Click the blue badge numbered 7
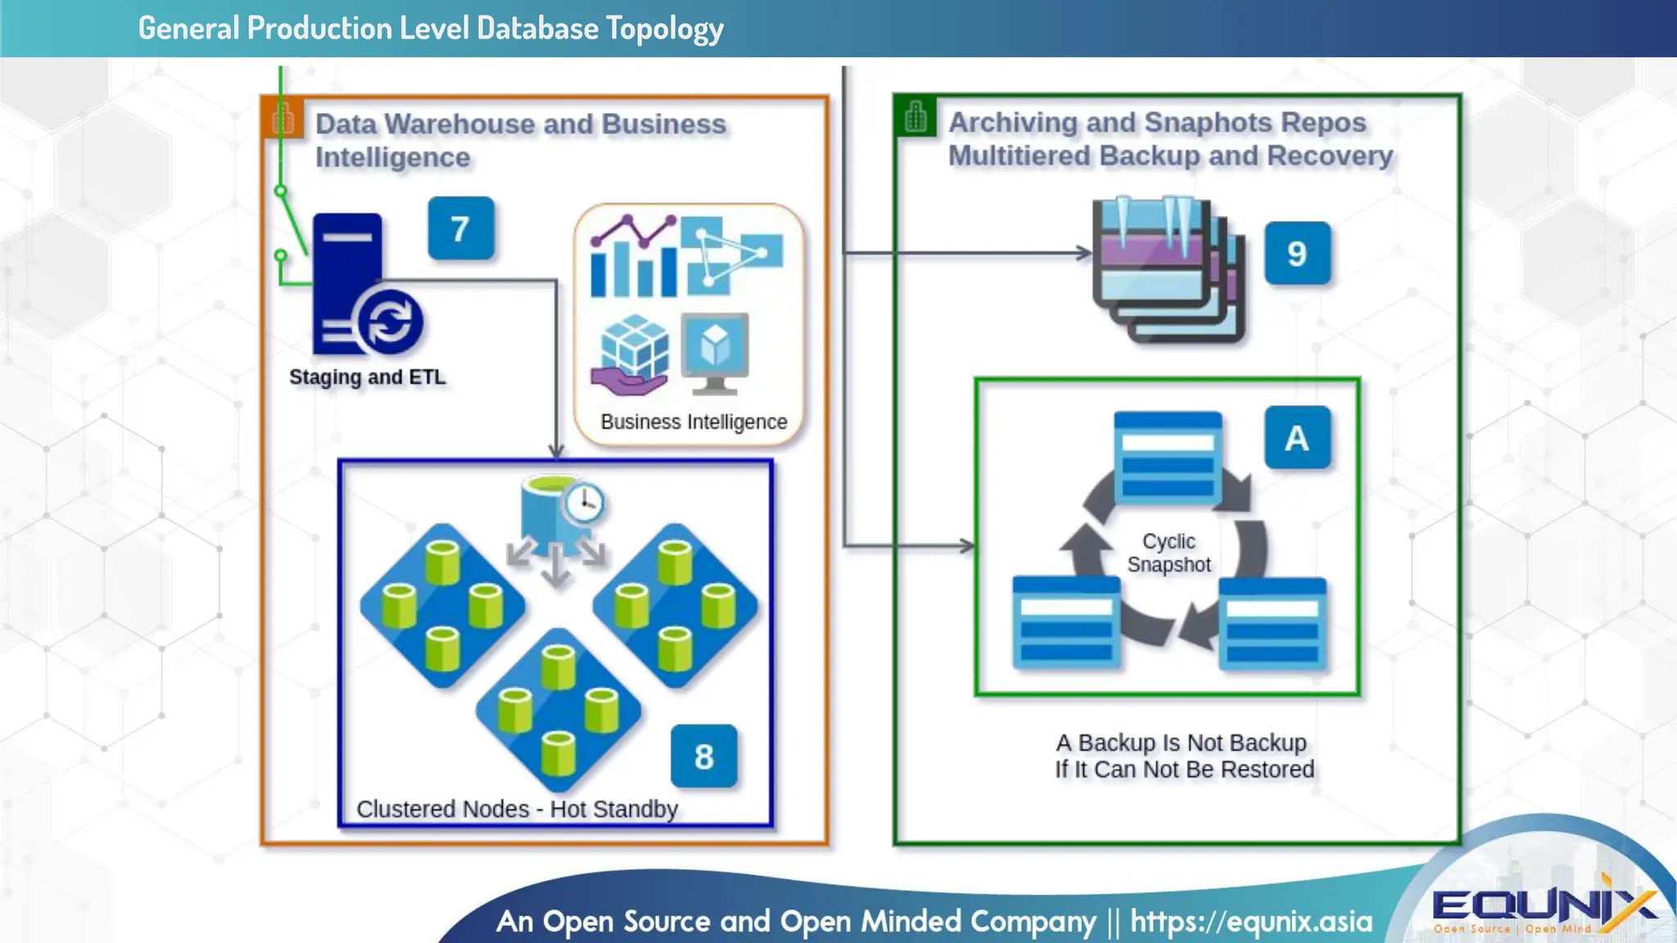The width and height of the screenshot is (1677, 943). [x=460, y=228]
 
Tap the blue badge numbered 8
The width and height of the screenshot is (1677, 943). [x=703, y=756]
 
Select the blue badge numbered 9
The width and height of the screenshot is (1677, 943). [x=1296, y=253]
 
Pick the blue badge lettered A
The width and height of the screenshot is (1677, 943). [x=1296, y=438]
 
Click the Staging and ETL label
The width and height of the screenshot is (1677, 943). [x=367, y=377]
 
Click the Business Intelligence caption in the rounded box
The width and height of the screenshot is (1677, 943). [x=693, y=422]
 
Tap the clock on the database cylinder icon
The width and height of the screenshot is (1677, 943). [x=585, y=502]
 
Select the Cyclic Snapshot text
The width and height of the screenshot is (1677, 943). [x=1168, y=553]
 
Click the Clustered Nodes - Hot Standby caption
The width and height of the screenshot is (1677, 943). [x=517, y=809]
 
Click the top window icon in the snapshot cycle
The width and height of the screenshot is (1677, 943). [x=1168, y=458]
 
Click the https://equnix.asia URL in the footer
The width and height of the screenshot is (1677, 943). [x=1250, y=922]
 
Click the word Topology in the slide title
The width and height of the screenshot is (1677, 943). [x=664, y=29]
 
